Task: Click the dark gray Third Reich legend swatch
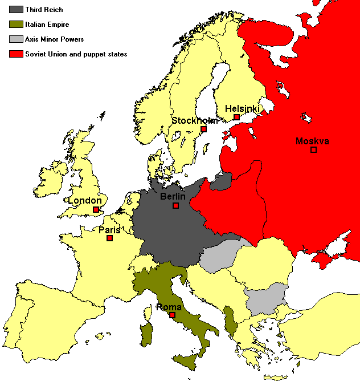point(15,10)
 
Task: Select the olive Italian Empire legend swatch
point(15,25)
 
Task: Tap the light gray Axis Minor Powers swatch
point(15,39)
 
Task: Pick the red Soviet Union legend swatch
point(15,54)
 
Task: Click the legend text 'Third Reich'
point(44,10)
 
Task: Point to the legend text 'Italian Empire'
point(47,25)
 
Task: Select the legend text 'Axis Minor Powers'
point(54,39)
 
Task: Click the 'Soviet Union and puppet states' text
point(76,54)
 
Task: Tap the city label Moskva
point(312,141)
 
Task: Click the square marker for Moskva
point(313,149)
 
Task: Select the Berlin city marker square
point(176,205)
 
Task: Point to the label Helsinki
point(242,108)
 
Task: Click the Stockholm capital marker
point(203,129)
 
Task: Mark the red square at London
point(96,209)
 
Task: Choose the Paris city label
point(109,230)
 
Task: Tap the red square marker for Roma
point(172,315)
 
